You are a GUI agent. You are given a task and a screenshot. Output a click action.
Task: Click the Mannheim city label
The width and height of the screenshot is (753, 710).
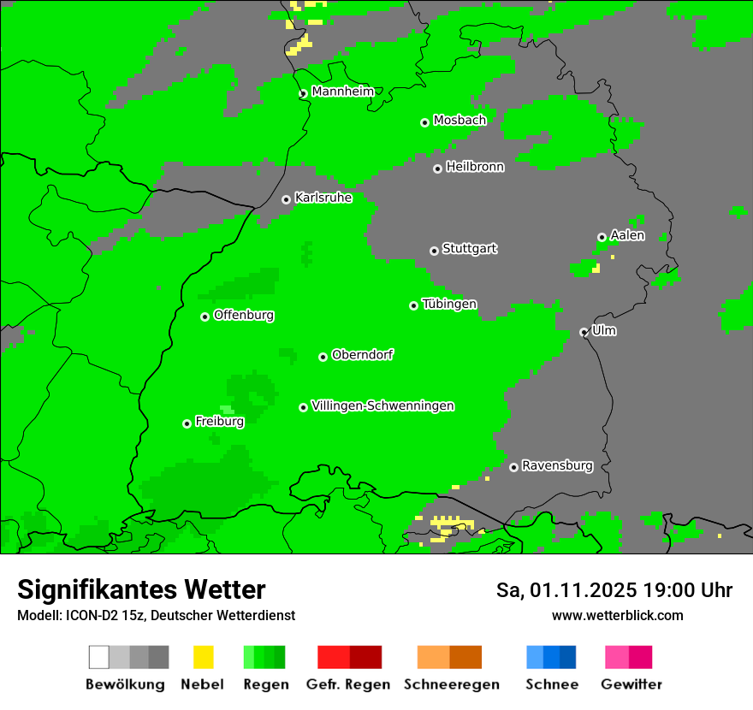342,92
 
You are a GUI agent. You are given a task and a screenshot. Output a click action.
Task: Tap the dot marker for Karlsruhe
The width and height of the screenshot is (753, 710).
286,199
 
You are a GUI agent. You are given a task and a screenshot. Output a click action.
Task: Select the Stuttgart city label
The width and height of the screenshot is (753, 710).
469,249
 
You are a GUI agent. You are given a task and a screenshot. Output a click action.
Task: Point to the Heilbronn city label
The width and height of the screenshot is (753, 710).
475,167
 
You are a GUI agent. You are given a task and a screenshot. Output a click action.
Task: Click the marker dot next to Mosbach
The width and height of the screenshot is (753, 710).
424,122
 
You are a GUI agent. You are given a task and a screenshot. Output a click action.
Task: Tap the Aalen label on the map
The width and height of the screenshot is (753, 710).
627,235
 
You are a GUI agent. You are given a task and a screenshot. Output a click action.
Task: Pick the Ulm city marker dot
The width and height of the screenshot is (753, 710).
584,332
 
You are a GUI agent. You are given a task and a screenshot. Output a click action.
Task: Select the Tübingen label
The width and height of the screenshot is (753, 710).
449,305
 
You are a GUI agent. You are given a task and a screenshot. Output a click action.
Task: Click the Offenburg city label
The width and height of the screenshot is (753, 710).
244,315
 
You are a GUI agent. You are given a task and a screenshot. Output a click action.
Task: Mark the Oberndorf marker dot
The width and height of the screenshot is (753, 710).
323,357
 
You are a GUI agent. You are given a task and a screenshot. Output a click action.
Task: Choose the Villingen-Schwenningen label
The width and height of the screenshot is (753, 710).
382,405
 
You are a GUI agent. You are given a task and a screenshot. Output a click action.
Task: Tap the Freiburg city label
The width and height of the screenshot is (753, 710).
219,422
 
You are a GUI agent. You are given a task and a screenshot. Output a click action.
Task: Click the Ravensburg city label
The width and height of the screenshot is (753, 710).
557,466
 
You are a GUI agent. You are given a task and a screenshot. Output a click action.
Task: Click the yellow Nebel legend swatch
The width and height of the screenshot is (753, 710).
203,657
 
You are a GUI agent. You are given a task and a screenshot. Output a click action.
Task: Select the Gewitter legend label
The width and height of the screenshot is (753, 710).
631,684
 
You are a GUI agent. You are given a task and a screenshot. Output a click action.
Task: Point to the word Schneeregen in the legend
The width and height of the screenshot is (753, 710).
451,684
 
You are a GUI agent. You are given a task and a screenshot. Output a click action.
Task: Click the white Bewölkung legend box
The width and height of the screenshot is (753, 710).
98,657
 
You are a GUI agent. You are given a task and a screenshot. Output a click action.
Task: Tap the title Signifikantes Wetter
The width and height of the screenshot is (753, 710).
141,590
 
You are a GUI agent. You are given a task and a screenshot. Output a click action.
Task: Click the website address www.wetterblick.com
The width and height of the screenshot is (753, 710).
617,615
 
